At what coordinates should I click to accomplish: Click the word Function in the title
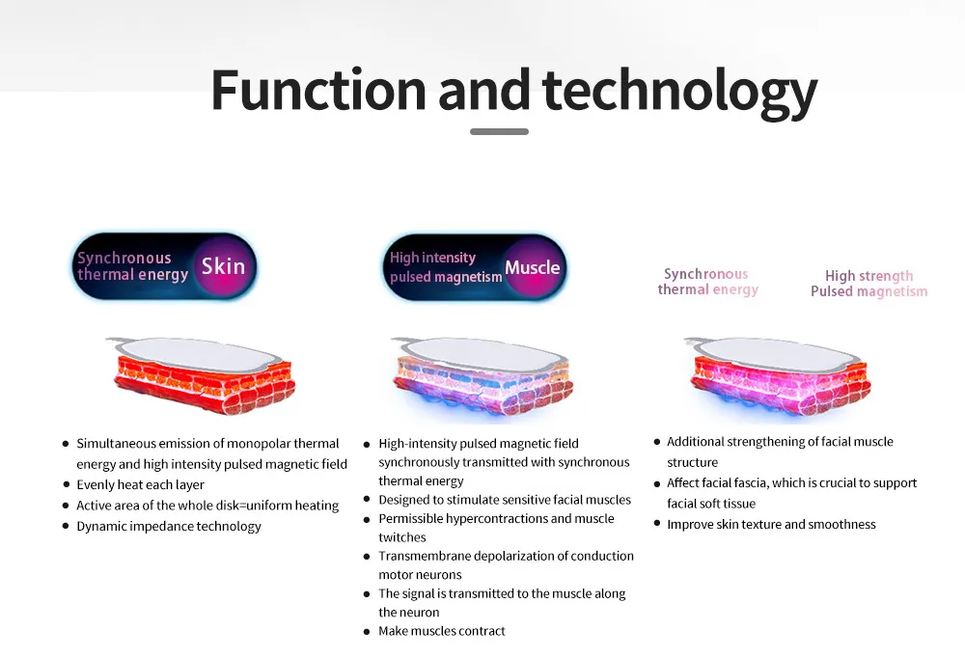pyautogui.click(x=318, y=90)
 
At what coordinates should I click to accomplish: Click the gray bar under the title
pyautogui.click(x=499, y=132)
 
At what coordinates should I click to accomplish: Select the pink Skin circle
pyautogui.click(x=223, y=266)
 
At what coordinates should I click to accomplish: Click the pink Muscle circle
pyautogui.click(x=533, y=267)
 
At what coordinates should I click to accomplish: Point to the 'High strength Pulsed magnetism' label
pyautogui.click(x=869, y=283)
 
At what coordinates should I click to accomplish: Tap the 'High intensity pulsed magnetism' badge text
pyautogui.click(x=446, y=267)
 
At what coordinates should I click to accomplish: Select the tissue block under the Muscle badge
pyautogui.click(x=482, y=376)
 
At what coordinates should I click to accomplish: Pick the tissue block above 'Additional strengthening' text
pyautogui.click(x=778, y=376)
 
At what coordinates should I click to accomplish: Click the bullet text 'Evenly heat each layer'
pyautogui.click(x=140, y=485)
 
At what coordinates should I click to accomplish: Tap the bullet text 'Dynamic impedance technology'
pyautogui.click(x=169, y=526)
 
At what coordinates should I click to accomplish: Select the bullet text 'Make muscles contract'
pyautogui.click(x=441, y=631)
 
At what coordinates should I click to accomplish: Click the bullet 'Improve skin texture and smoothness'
pyautogui.click(x=771, y=525)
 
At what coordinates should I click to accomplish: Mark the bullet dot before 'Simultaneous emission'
pyautogui.click(x=66, y=443)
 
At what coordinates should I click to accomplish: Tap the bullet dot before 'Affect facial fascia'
pyautogui.click(x=656, y=483)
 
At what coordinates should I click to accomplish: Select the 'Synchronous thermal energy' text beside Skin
pyautogui.click(x=132, y=266)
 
